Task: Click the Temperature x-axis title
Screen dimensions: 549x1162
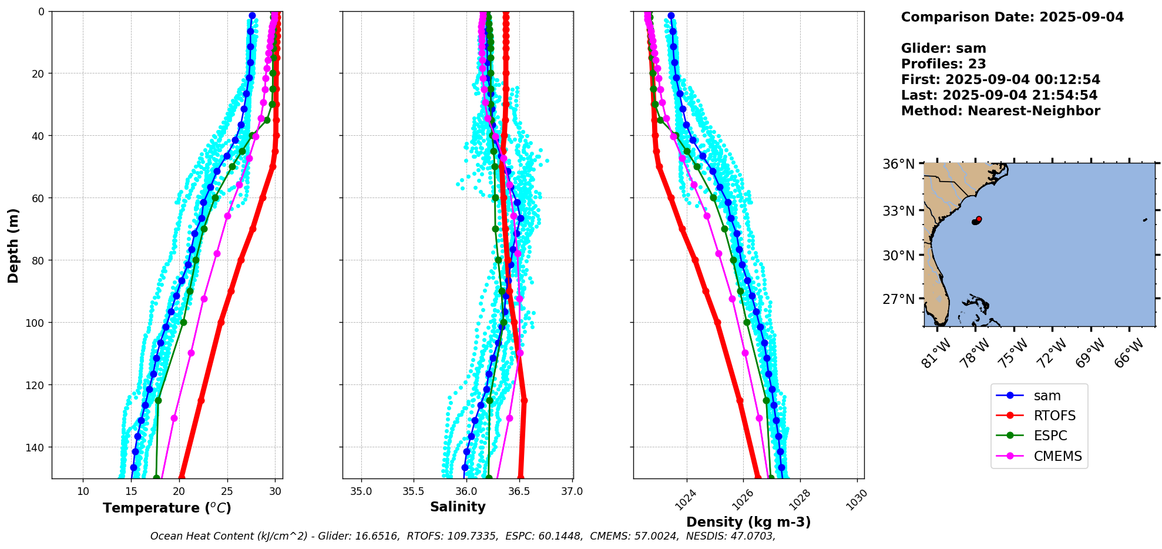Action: [167, 508]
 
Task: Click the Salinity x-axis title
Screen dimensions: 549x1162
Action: [458, 507]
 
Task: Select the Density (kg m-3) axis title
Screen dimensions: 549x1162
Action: [748, 522]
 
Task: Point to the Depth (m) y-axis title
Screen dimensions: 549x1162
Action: [13, 245]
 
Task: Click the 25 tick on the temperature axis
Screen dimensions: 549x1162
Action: [227, 491]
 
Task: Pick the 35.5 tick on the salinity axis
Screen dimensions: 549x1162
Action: [414, 491]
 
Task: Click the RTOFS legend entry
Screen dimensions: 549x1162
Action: [1054, 416]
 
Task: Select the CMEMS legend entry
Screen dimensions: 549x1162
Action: [1057, 456]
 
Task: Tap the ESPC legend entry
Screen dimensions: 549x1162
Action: [1050, 436]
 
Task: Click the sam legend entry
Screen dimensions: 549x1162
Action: [1047, 396]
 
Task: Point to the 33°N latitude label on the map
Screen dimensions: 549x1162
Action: [899, 210]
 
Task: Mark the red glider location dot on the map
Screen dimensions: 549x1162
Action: [979, 219]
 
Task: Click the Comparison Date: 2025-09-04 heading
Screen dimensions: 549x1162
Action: [1012, 17]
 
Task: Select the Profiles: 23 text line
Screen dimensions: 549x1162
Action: [943, 64]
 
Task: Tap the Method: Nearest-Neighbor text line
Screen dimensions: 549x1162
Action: [1000, 111]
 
